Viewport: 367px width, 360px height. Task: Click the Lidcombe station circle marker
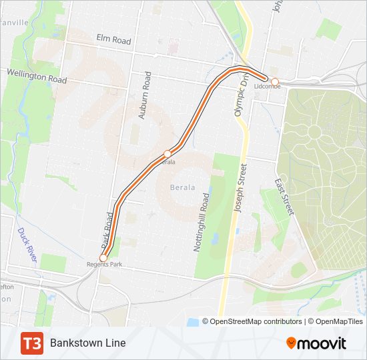coord(274,82)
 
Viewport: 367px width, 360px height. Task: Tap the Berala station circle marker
coord(167,154)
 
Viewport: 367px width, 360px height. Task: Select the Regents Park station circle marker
coord(103,258)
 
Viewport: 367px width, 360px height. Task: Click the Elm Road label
coord(113,40)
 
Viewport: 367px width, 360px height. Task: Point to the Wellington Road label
coord(37,75)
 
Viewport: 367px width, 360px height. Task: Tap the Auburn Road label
coord(144,95)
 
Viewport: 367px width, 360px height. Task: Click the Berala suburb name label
coord(181,187)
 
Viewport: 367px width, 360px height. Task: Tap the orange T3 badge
coord(32,343)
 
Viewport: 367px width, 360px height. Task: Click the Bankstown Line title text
coord(87,343)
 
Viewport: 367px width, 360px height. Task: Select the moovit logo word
coord(322,343)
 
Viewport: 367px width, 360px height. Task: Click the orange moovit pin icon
coord(291,343)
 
